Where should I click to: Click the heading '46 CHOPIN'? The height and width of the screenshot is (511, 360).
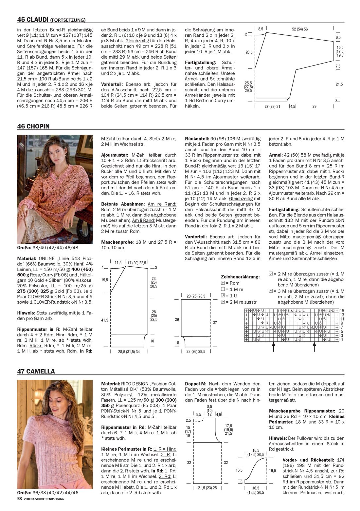(33, 126)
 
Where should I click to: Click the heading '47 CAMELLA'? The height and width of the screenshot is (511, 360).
(36, 371)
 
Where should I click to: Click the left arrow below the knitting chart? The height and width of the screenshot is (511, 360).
(273, 347)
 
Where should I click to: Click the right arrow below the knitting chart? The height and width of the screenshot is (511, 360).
(315, 347)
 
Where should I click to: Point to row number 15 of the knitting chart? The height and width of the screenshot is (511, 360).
(342, 311)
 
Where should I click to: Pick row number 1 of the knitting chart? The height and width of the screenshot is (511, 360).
(342, 340)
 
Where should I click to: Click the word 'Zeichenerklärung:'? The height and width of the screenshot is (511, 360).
(240, 277)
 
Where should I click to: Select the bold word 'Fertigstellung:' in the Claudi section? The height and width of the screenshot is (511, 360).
(200, 62)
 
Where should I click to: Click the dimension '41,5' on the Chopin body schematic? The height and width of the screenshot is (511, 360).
(104, 320)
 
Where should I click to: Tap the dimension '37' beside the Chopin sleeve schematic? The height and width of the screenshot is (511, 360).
(215, 323)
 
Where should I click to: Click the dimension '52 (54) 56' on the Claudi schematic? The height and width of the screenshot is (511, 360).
(299, 29)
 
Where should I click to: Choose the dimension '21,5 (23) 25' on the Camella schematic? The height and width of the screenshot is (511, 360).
(207, 488)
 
